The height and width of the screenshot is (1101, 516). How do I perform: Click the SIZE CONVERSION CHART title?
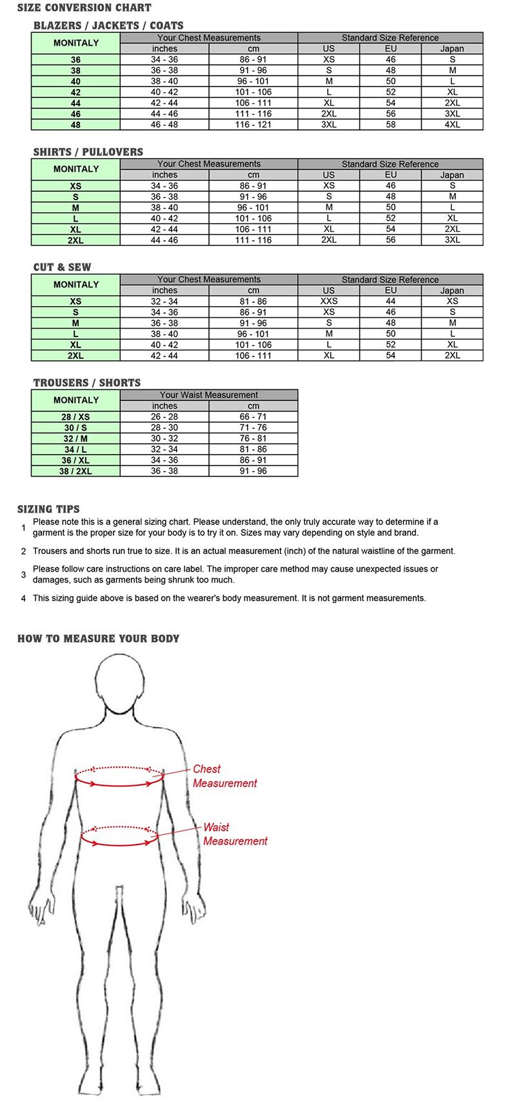click(x=84, y=8)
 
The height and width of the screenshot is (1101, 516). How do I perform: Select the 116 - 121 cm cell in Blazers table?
click(x=253, y=125)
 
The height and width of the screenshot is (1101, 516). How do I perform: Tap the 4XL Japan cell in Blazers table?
click(x=452, y=125)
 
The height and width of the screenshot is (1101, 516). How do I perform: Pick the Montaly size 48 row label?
click(x=75, y=125)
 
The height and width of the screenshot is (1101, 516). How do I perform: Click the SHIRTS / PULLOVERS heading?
click(x=88, y=152)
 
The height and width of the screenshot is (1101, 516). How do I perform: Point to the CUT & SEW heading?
click(x=63, y=267)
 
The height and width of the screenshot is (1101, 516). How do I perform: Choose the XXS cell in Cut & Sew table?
click(x=329, y=302)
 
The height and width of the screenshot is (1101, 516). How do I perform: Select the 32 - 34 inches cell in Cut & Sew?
click(x=164, y=302)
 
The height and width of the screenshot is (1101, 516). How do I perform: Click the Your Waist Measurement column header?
click(x=209, y=395)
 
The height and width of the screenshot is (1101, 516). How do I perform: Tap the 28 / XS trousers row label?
click(x=75, y=417)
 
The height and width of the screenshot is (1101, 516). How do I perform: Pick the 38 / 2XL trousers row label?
click(x=75, y=471)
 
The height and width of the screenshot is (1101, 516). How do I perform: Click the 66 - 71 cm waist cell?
click(x=253, y=417)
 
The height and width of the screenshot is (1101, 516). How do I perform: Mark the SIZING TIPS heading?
click(x=48, y=509)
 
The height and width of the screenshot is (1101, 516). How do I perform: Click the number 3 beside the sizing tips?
click(x=23, y=575)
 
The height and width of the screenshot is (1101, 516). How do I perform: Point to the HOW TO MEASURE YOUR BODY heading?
click(x=98, y=639)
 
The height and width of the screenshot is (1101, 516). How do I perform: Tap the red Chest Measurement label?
click(x=224, y=776)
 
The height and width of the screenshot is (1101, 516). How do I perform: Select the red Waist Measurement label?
click(x=235, y=834)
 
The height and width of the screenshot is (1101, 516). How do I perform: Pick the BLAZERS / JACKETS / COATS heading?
click(x=108, y=26)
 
